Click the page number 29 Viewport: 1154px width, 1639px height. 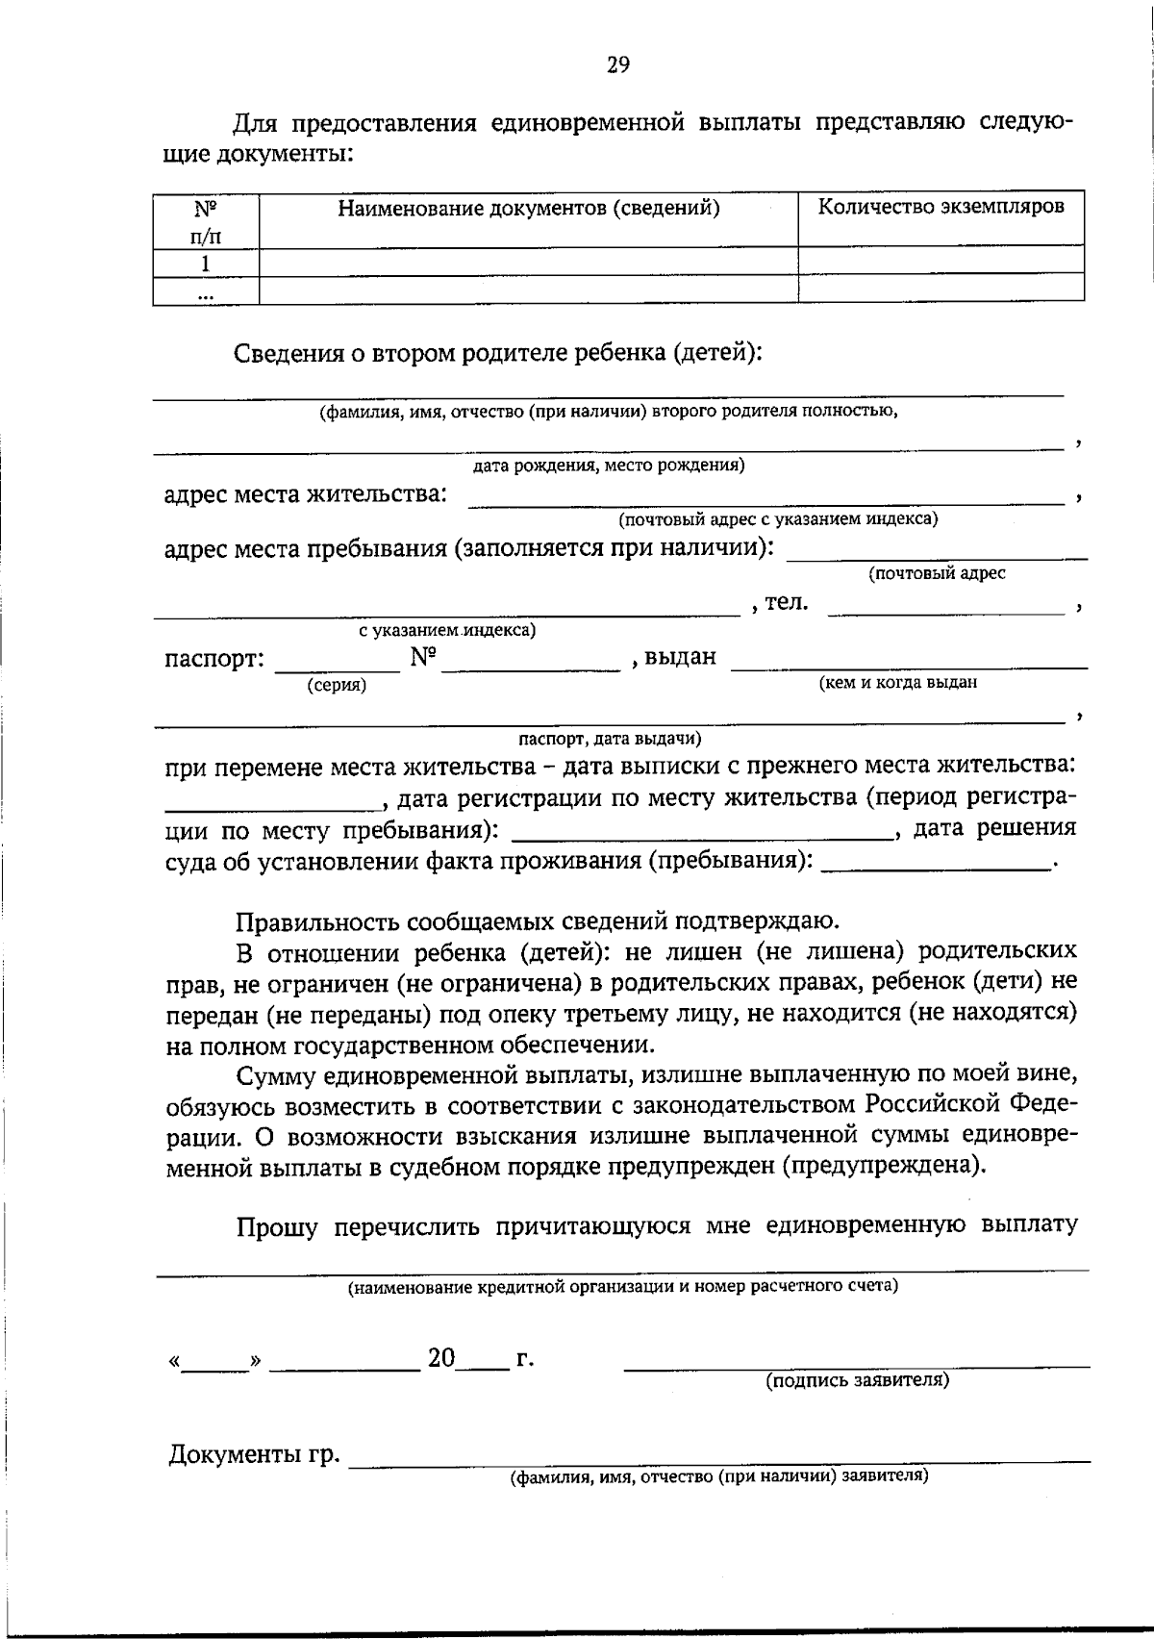[x=618, y=65]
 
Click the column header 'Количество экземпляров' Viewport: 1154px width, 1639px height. [x=941, y=207]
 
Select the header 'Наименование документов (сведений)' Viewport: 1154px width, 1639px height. [x=529, y=208]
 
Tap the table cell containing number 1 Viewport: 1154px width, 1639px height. [x=206, y=263]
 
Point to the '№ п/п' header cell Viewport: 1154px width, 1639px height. [x=206, y=221]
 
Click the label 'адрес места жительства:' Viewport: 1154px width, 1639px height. [x=306, y=494]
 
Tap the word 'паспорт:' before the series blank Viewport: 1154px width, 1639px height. [x=213, y=660]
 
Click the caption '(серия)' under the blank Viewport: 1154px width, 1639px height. [x=337, y=685]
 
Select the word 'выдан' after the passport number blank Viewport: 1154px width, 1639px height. [x=680, y=657]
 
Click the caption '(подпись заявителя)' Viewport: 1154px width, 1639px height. [x=857, y=1380]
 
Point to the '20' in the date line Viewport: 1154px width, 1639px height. [x=441, y=1358]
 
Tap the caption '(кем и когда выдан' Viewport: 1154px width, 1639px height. [x=897, y=682]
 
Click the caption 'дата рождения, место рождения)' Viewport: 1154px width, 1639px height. [x=609, y=466]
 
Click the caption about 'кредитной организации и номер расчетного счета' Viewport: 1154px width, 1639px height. [x=623, y=1286]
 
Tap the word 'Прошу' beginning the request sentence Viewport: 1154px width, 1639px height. [x=277, y=1226]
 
